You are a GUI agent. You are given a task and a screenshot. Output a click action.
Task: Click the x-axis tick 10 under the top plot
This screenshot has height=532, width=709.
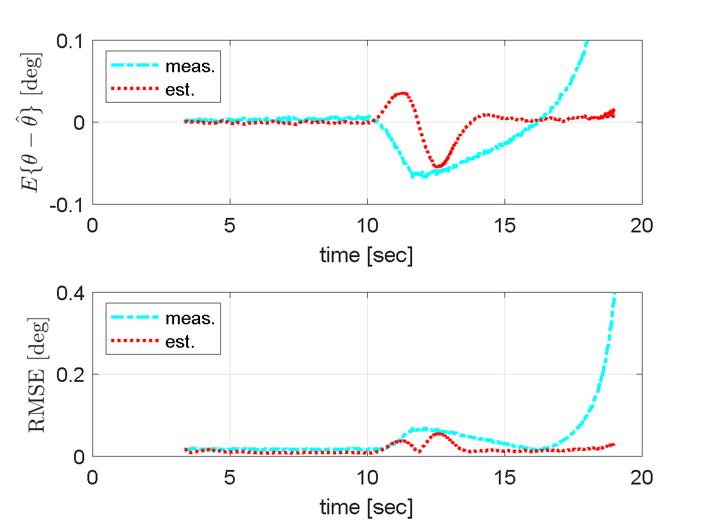click(x=367, y=226)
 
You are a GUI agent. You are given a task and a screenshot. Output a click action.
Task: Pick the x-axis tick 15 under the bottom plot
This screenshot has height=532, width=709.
click(x=505, y=478)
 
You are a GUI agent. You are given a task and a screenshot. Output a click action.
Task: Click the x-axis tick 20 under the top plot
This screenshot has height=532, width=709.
click(x=641, y=226)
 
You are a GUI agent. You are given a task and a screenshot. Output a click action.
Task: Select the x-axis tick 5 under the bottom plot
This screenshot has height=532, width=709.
click(x=230, y=478)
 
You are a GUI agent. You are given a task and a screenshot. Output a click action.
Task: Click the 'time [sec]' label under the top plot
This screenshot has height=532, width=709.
click(x=367, y=255)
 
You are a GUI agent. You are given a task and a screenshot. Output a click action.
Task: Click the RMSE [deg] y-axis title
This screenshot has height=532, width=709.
click(x=37, y=374)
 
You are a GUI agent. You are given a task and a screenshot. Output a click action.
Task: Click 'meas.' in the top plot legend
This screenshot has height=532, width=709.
click(x=190, y=66)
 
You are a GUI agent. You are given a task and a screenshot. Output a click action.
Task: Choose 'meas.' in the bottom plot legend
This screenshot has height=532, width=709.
click(x=190, y=318)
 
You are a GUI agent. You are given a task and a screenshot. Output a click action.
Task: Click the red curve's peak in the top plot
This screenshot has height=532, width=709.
click(x=401, y=94)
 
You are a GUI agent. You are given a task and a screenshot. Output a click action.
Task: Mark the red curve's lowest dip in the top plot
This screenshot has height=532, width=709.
click(x=439, y=167)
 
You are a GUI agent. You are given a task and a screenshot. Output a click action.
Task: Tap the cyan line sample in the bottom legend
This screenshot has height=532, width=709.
click(x=135, y=318)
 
